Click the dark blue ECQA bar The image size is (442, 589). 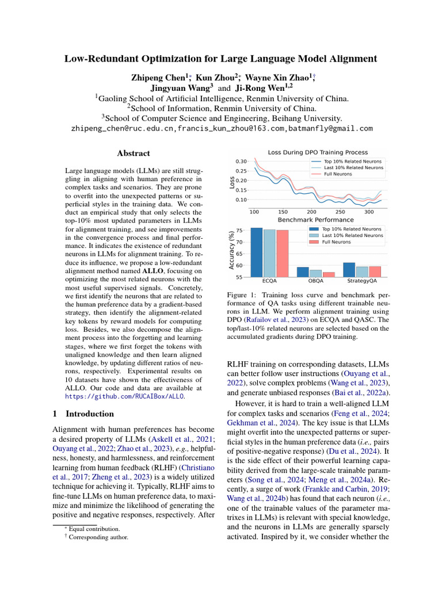(257, 253)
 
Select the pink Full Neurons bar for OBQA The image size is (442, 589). (328, 274)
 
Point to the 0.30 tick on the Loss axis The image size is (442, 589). (241, 162)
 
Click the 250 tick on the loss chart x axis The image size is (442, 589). (340, 212)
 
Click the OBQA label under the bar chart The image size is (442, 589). (316, 282)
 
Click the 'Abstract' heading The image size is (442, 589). (133, 154)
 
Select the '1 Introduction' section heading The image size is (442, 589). (83, 414)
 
